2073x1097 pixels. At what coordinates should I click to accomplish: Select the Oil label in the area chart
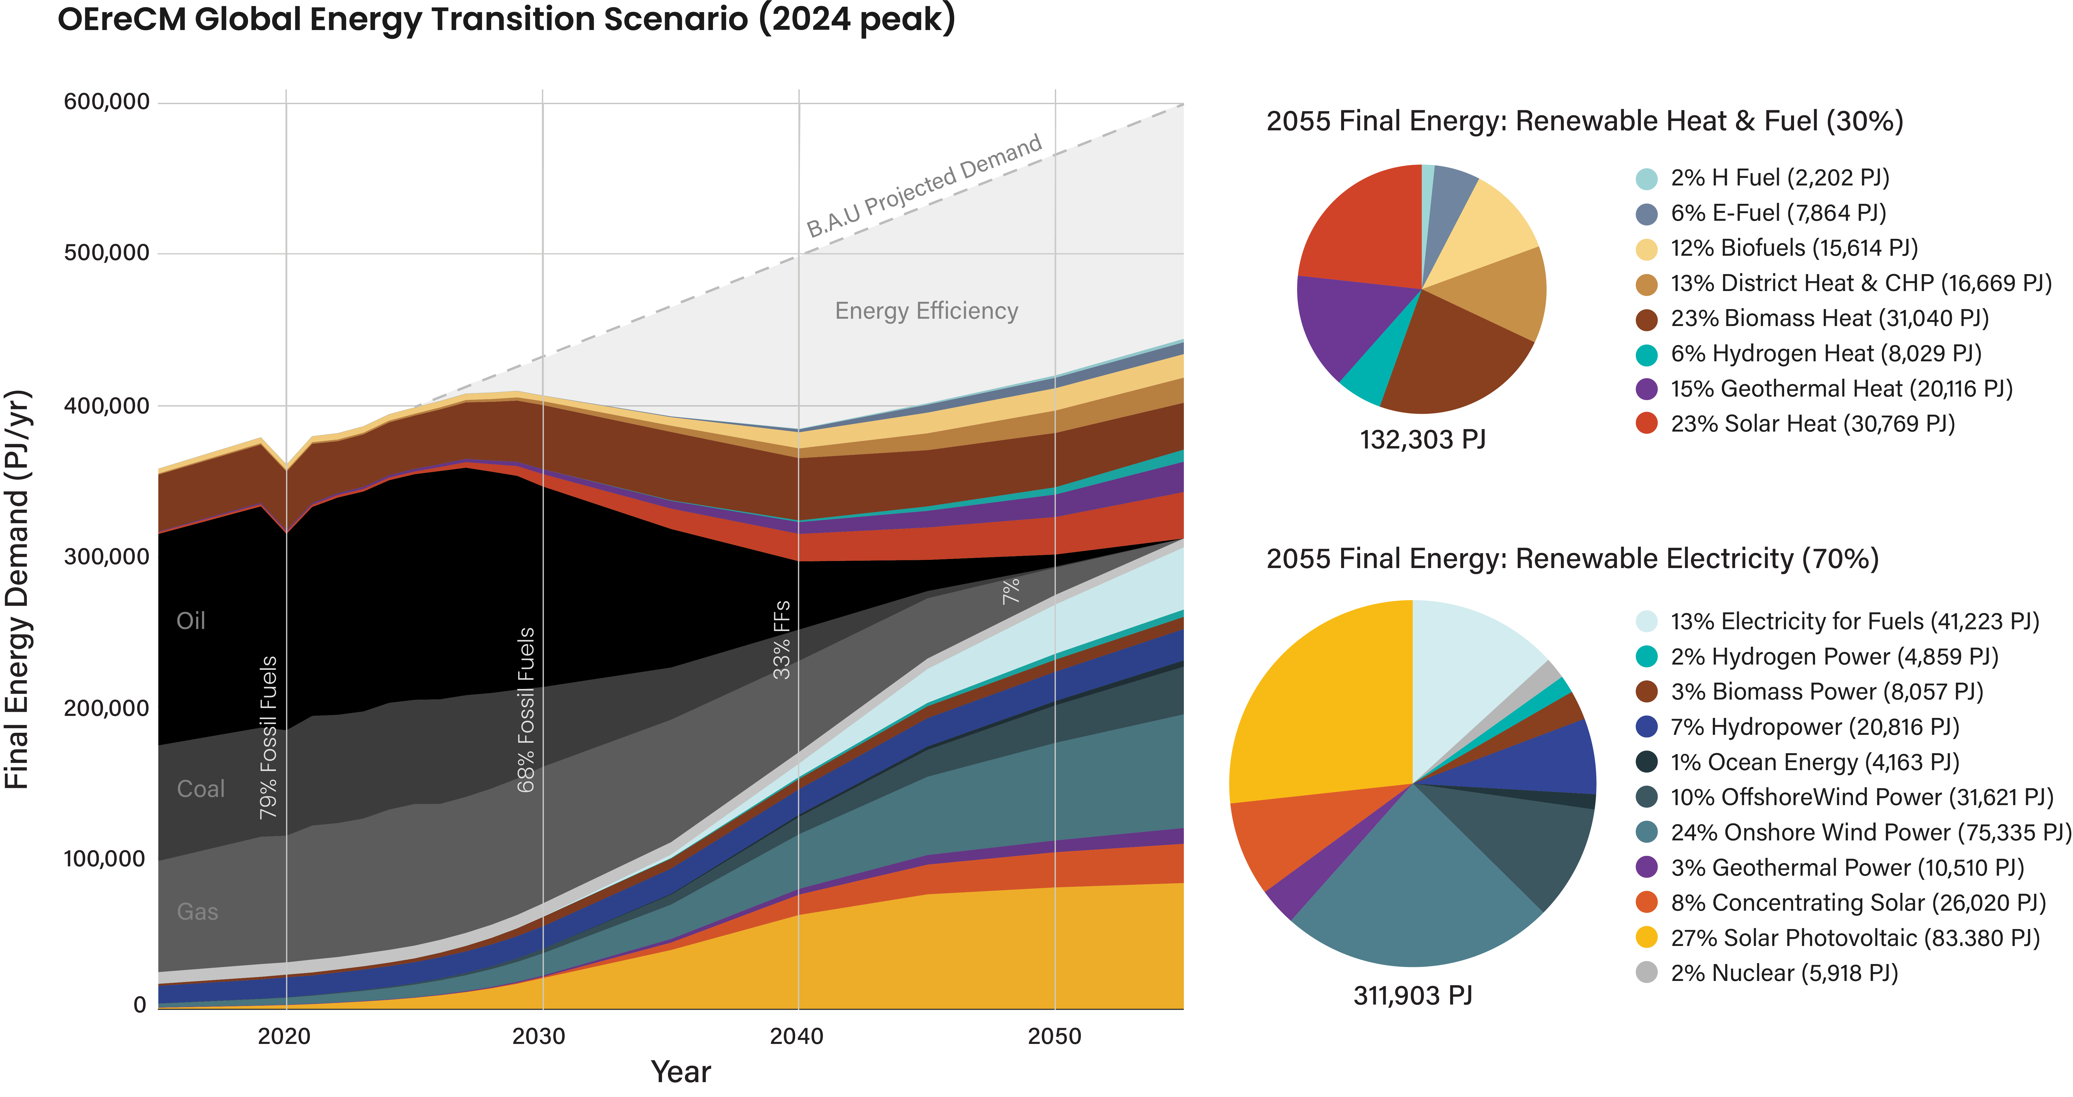coord(191,621)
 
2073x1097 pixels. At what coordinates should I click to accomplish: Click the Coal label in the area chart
coord(200,789)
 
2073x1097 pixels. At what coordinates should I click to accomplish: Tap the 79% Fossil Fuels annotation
coord(268,737)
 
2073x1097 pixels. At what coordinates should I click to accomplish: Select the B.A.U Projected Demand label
coord(924,187)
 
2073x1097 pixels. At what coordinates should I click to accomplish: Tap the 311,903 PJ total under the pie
coord(1412,996)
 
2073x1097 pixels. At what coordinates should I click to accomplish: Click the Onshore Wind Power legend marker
coord(1646,833)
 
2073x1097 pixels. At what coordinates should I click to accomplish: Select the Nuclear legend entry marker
coord(1646,973)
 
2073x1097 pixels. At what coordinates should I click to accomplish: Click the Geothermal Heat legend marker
coord(1646,389)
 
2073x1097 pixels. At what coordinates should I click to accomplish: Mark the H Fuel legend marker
coord(1646,178)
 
